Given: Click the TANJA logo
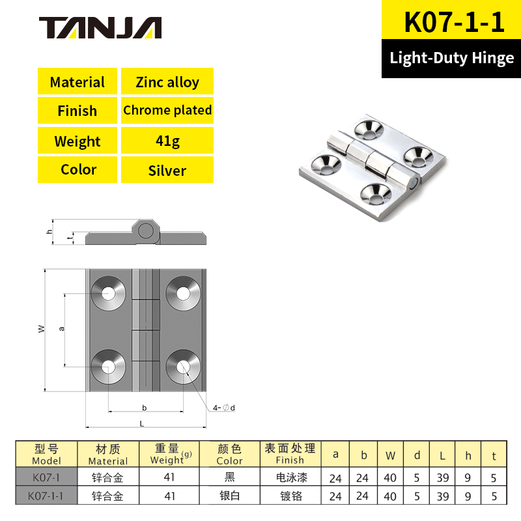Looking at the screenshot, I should point(100,27).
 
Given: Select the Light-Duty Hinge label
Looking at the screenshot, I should point(451,58).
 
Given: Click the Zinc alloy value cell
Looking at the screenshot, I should point(167,82).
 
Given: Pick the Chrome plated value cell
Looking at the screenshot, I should point(167,110).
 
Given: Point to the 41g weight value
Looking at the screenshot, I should point(167,141).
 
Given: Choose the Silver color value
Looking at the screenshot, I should point(167,171).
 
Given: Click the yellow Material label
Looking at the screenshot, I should point(77,82).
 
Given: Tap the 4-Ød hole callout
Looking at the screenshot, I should point(223,408).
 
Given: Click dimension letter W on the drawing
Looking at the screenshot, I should point(41,330).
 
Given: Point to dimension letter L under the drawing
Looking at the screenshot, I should point(142,423).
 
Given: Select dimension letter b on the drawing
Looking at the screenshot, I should point(144,408).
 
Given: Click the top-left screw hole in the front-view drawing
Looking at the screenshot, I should point(109,293).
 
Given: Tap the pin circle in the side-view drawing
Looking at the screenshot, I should point(146,231).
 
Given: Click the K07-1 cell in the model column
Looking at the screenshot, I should point(46,477).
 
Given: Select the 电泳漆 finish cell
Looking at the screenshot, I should point(290,477).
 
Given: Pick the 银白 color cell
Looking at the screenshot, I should point(229,496).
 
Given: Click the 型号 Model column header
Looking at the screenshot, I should point(46,454).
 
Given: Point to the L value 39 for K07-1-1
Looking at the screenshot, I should point(443,496).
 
